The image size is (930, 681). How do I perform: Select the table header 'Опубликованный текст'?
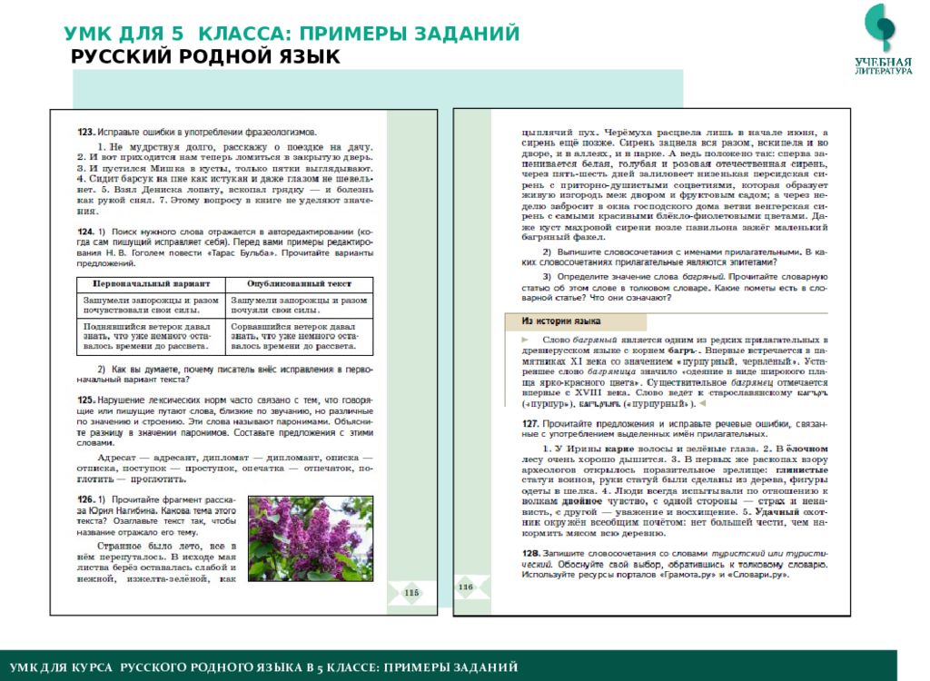coord(299,284)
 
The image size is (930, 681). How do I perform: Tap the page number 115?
coord(409,594)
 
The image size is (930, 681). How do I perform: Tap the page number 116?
coord(466,587)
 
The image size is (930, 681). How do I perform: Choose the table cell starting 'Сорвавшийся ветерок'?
coord(299,334)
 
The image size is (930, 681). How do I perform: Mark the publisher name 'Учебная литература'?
coord(883,65)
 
